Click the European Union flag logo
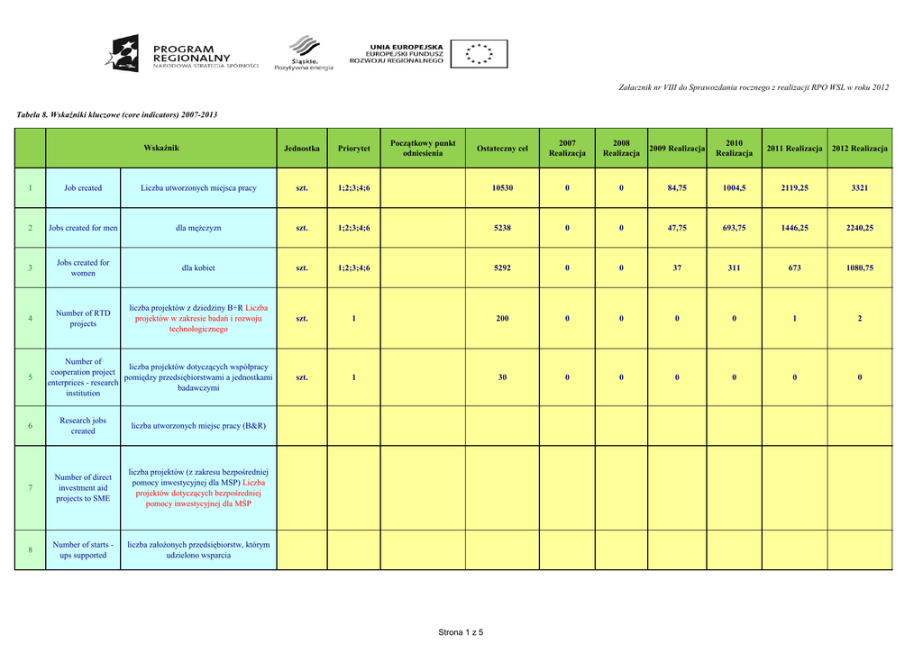tap(479, 53)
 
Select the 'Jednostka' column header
tap(301, 148)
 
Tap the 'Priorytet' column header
tap(353, 148)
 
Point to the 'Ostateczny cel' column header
tap(502, 148)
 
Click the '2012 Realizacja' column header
tap(859, 148)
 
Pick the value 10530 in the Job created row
tap(502, 188)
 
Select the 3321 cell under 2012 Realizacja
tap(859, 188)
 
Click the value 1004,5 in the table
tap(734, 188)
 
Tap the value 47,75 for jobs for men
tap(677, 228)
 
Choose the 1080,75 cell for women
tap(859, 268)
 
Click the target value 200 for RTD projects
tap(502, 318)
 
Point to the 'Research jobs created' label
tap(83, 425)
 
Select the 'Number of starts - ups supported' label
tap(83, 549)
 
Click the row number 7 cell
tap(31, 487)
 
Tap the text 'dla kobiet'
tap(198, 268)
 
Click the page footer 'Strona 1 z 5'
tap(461, 632)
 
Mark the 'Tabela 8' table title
tap(117, 114)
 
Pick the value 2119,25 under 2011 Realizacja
tap(794, 188)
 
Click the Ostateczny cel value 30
tap(502, 377)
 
